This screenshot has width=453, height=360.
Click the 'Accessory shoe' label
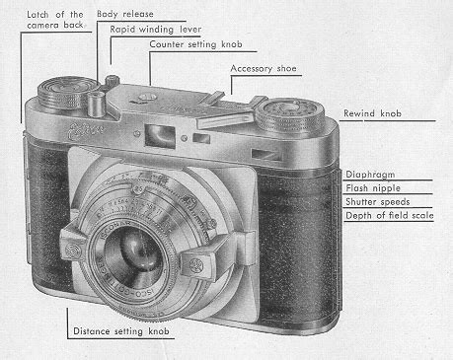click(x=263, y=68)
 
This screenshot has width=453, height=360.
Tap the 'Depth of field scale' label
click(x=391, y=215)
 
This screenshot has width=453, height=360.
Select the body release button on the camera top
click(x=97, y=101)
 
